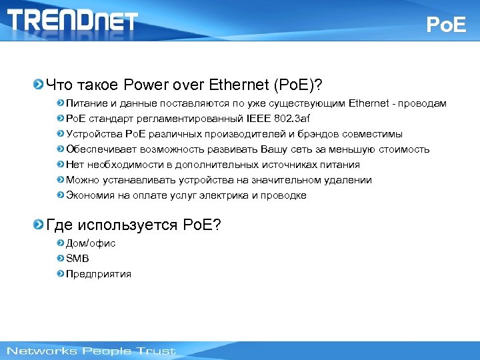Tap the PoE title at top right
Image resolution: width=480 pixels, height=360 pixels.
coord(447,25)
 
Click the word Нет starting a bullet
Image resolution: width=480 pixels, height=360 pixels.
coord(75,165)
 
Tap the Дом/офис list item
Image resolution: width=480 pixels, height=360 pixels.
coord(91,243)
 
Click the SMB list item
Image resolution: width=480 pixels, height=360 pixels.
coord(77,259)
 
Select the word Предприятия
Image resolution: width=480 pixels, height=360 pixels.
coord(99,274)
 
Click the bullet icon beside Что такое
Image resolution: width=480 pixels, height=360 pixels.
coord(39,85)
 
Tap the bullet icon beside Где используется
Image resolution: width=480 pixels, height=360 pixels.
coord(39,225)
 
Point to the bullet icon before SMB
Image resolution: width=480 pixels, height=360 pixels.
coord(61,259)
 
